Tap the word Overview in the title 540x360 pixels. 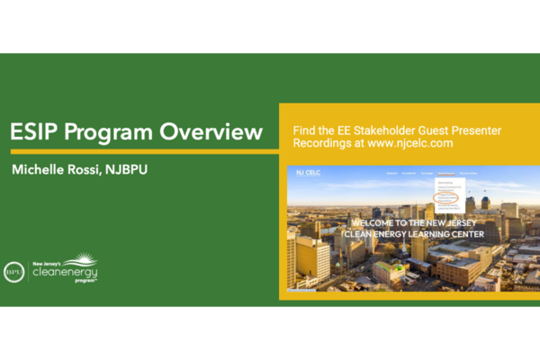point(211,133)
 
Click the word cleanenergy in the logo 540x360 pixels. point(64,270)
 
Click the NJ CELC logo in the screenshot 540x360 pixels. point(308,173)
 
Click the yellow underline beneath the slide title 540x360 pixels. point(139,151)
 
